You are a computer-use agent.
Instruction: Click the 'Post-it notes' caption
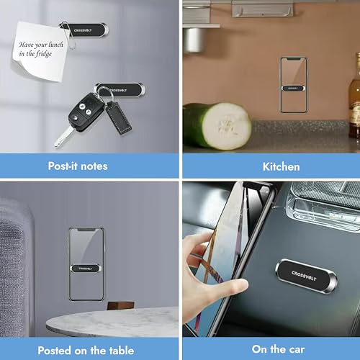[78, 166]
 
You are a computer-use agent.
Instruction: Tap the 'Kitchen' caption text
[280, 166]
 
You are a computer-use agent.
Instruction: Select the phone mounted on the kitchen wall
[292, 85]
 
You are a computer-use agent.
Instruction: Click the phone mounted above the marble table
[86, 265]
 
